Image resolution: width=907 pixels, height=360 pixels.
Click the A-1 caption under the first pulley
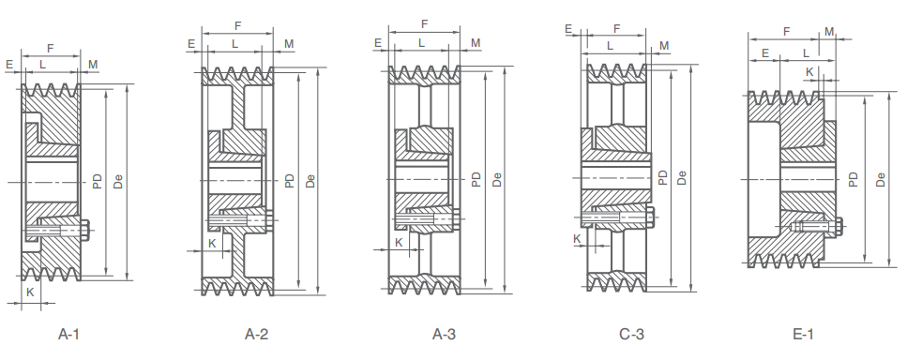click(x=68, y=334)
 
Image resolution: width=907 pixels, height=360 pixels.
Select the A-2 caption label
click(x=256, y=334)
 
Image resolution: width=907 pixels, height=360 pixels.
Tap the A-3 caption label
click(x=444, y=334)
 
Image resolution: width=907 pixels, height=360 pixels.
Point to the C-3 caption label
click(x=631, y=334)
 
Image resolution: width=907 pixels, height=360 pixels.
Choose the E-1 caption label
click(x=803, y=334)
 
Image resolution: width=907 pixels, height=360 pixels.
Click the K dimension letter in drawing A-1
click(x=31, y=292)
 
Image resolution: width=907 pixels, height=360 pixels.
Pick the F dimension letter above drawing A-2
click(x=237, y=25)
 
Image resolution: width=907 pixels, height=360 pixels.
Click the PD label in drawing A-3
click(x=476, y=179)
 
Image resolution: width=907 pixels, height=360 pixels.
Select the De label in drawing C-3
click(x=681, y=177)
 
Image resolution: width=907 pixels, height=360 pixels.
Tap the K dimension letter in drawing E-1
click(x=809, y=72)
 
